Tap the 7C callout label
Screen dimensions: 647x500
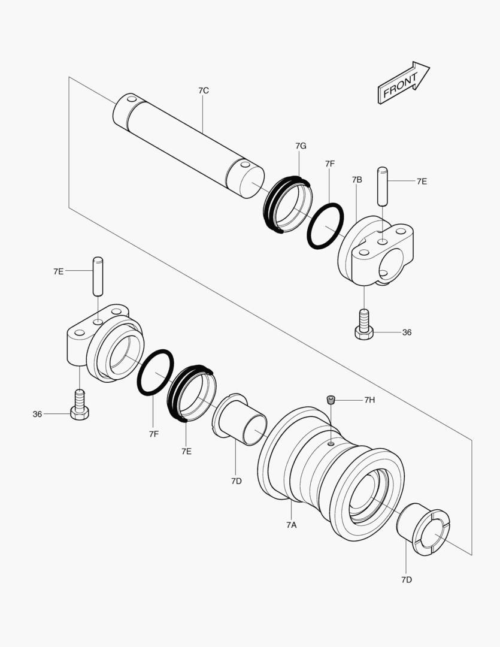coord(203,90)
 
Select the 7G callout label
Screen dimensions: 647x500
coord(301,146)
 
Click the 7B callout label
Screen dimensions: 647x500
coord(357,180)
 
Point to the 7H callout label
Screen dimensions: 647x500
coord(369,400)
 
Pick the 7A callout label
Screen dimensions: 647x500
coord(291,525)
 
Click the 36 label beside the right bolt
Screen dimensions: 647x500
coord(407,332)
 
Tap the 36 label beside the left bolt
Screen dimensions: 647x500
coord(37,414)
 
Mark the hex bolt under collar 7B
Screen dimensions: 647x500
coord(363,327)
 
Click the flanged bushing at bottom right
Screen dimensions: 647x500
coord(424,529)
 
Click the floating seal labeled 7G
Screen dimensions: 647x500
coord(288,204)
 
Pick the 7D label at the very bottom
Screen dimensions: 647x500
coord(406,579)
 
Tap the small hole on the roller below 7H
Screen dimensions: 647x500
coord(331,444)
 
